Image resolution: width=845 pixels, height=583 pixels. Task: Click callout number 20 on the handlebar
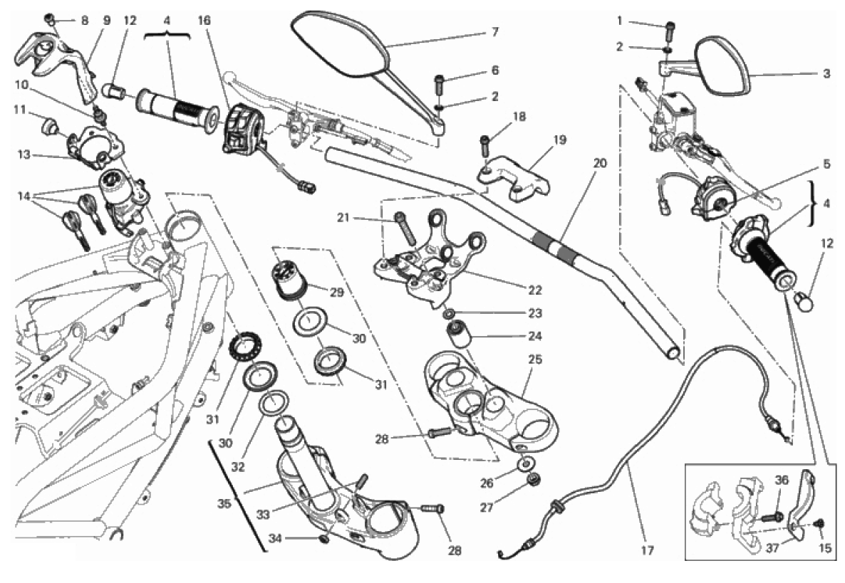[598, 162]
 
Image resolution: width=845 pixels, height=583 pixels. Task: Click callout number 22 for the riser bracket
[535, 290]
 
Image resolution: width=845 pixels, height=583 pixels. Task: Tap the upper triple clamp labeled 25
[492, 399]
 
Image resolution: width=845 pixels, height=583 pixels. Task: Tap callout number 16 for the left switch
[204, 21]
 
